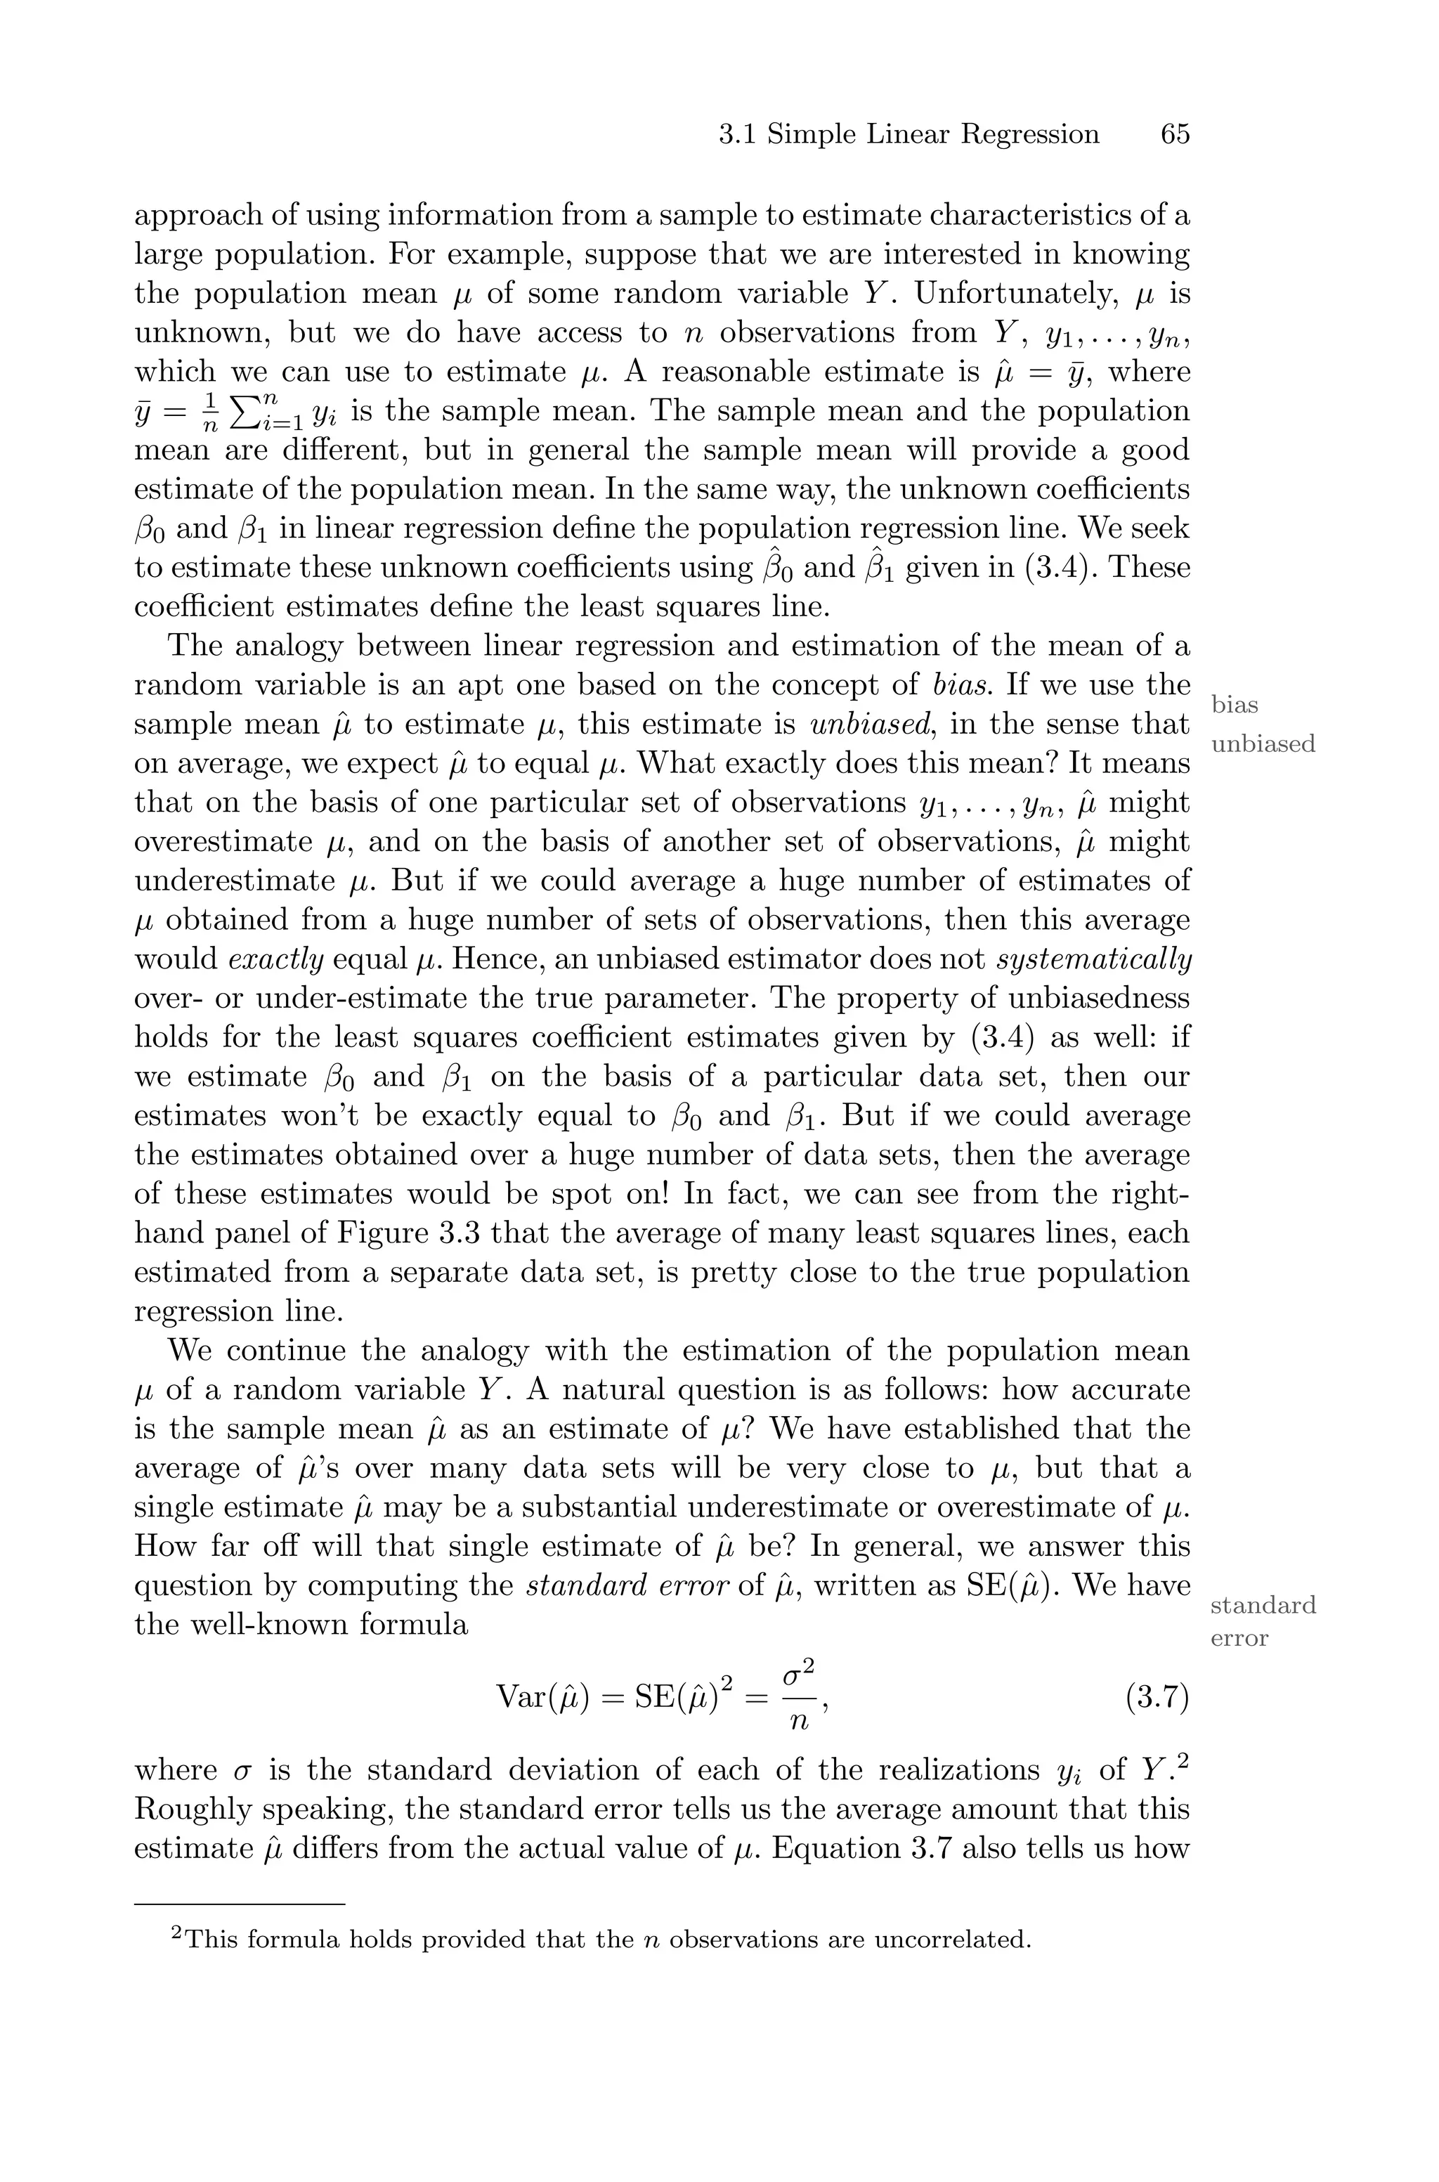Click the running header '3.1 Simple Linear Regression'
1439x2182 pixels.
pyautogui.click(x=909, y=135)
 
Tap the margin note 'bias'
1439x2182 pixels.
pyautogui.click(x=1235, y=705)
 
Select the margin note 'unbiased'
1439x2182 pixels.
pyautogui.click(x=1263, y=744)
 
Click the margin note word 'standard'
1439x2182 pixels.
pyautogui.click(x=1263, y=1605)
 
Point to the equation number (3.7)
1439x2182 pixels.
pyautogui.click(x=1157, y=1698)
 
